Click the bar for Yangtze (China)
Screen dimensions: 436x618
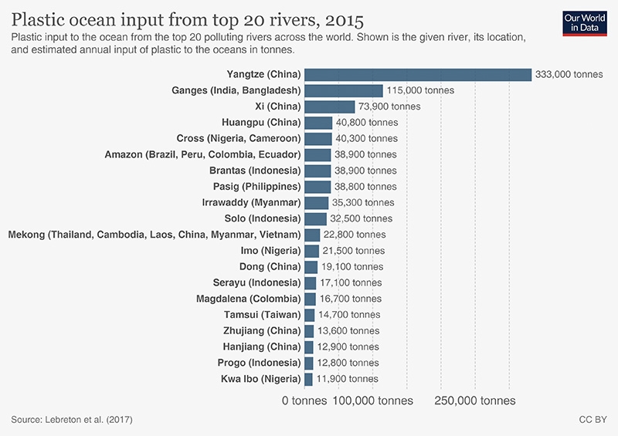click(x=418, y=74)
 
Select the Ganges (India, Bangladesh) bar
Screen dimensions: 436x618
click(x=344, y=90)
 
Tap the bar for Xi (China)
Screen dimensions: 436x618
click(x=330, y=106)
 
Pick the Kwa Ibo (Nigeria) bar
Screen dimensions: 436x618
click(x=309, y=379)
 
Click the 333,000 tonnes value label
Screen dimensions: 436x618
click(x=569, y=74)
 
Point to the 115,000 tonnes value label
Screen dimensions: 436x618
click(x=420, y=90)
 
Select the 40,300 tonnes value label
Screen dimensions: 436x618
click(x=367, y=138)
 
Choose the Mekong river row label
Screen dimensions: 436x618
click(x=154, y=235)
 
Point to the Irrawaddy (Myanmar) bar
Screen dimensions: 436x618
click(x=317, y=202)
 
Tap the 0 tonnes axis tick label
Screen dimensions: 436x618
click(x=305, y=401)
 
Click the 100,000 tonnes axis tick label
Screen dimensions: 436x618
click(x=373, y=401)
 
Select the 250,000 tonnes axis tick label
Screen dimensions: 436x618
click(x=475, y=401)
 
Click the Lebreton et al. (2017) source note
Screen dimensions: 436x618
click(x=72, y=420)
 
